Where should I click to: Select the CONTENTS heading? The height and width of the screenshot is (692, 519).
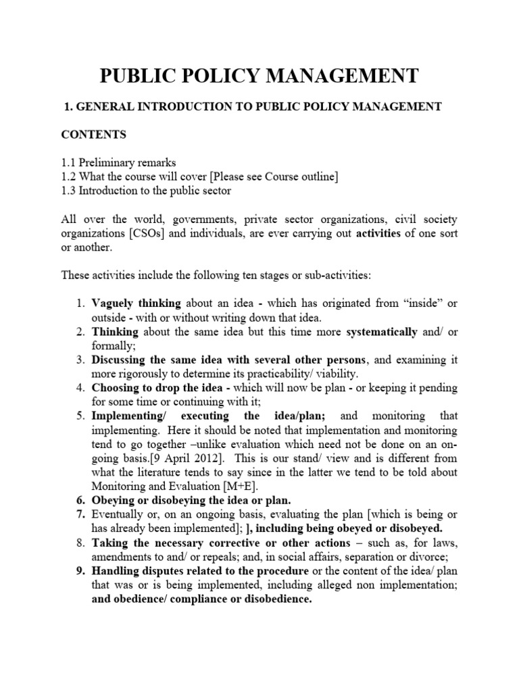point(94,134)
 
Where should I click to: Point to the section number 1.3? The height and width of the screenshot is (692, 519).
point(69,191)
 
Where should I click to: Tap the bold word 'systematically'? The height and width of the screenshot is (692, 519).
point(381,332)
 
